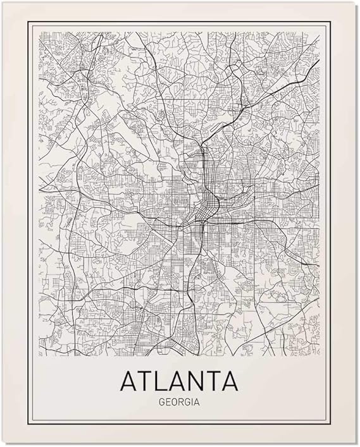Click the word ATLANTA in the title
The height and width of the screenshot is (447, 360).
pos(180,381)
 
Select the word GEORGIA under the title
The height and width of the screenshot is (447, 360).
pos(180,400)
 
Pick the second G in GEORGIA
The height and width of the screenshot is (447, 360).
pos(187,400)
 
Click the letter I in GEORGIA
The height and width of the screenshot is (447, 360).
pos(190,400)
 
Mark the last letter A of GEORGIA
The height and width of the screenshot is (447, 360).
pos(195,400)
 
